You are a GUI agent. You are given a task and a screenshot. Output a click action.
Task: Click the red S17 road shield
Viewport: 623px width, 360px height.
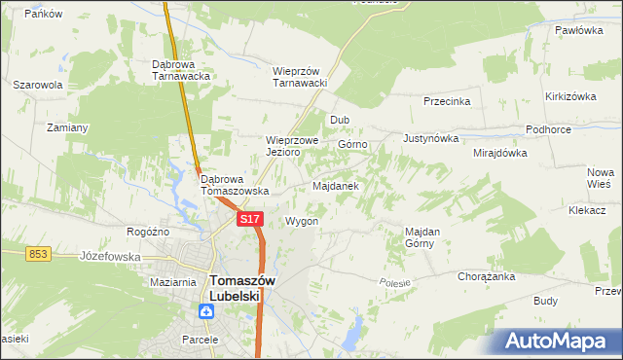250,220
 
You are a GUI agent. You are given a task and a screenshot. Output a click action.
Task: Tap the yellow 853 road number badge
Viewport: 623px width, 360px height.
38,253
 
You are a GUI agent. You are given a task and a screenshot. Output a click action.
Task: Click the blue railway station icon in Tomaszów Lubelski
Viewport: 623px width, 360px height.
206,311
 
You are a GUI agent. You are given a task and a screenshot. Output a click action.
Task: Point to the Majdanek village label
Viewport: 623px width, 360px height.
337,185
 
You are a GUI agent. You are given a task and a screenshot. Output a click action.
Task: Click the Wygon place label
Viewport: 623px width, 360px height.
302,221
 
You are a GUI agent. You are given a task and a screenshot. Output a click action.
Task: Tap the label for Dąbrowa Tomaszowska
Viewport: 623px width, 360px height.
235,185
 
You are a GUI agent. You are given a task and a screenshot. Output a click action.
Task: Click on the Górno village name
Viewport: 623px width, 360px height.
352,144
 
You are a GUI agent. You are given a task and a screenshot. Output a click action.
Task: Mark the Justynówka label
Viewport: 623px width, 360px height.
430,138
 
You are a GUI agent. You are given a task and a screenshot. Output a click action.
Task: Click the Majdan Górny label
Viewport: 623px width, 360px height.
422,237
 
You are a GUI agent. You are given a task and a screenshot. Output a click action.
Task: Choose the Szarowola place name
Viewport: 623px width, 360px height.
38,85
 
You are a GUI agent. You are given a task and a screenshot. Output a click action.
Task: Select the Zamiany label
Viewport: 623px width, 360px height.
68,127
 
